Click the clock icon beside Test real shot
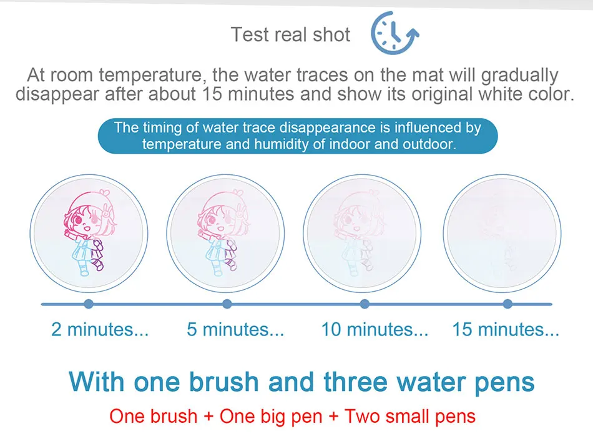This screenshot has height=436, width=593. pos(395,33)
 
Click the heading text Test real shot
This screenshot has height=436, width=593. pos(290,35)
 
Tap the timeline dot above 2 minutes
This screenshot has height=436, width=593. pos(89,304)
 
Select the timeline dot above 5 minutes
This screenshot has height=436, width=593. pos(227,304)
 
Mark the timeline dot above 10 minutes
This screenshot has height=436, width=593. pos(365,304)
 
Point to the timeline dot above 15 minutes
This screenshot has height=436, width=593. pos(507,304)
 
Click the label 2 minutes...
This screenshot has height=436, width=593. pos(100,329)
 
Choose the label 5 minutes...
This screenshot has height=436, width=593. pos(235,329)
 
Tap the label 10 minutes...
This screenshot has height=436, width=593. pos(375,329)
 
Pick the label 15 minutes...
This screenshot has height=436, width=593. pos(506,329)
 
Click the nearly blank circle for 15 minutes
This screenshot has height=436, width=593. pos(502,234)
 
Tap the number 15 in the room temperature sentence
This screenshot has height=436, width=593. pos(212,94)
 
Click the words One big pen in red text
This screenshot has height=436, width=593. pos(271,416)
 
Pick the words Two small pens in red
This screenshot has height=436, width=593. pos(409,416)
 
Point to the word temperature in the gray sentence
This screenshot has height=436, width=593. pos(150,76)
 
